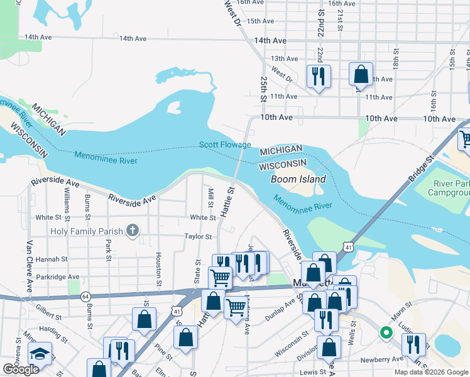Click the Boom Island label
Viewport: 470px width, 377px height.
298,179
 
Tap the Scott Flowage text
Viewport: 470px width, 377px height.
225,145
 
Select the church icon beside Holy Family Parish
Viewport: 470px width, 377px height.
132,231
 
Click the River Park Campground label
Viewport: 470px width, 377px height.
451,188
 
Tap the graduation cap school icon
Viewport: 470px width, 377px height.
40,354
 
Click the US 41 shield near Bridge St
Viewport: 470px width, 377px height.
347,248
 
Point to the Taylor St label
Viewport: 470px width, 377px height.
199,236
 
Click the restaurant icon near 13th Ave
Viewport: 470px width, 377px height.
318,77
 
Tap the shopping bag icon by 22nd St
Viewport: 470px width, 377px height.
361,74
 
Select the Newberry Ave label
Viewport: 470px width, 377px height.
380,360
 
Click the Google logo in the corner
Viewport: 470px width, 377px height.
21,369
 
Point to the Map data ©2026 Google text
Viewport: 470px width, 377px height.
430,372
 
